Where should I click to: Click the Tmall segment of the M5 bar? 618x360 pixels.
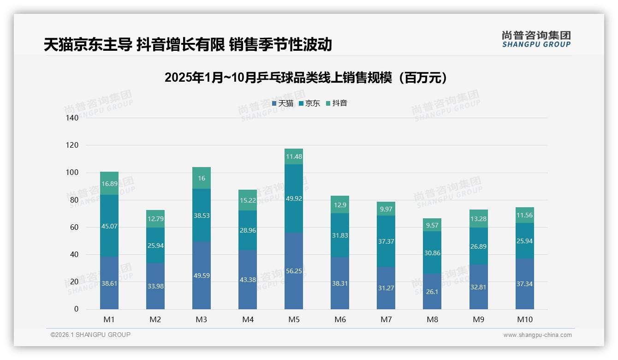click(x=294, y=271)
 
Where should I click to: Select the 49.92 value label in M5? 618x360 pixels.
click(x=294, y=198)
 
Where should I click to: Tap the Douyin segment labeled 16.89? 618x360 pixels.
click(x=109, y=183)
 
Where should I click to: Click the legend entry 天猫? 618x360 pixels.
click(x=283, y=103)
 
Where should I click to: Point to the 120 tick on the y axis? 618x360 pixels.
click(x=72, y=145)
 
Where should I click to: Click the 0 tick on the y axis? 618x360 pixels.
click(x=76, y=309)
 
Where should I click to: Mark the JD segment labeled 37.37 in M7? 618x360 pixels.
click(x=386, y=241)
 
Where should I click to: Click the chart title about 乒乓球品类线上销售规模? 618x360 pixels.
click(x=305, y=78)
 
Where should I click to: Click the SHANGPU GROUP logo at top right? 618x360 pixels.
click(x=536, y=39)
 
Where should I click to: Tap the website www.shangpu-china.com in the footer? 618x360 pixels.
click(x=537, y=335)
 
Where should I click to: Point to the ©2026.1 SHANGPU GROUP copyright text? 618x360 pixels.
click(x=90, y=335)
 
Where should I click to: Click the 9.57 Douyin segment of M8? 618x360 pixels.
click(x=432, y=225)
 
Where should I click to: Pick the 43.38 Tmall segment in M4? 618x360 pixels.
click(x=248, y=280)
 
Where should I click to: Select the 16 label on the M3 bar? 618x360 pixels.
click(x=202, y=178)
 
